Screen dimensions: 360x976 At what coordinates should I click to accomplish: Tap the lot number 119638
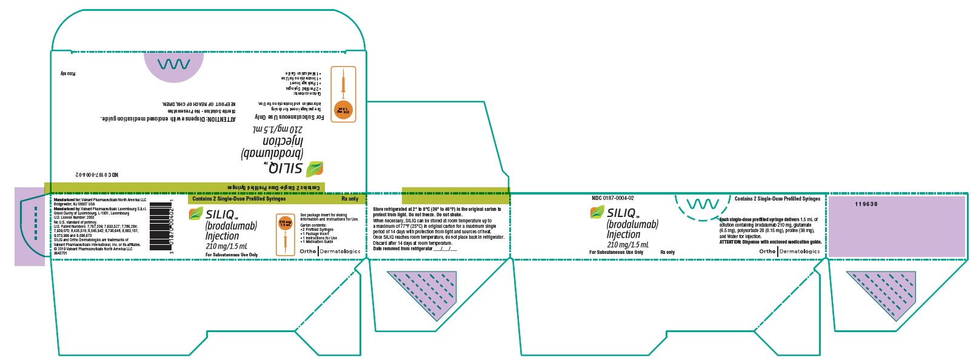pos(866,204)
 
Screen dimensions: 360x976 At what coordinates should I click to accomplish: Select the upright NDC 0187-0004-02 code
pos(612,198)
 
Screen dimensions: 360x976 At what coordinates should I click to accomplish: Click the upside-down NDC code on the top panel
pos(97,175)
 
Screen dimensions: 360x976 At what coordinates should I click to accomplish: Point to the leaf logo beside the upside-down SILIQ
pos(315,168)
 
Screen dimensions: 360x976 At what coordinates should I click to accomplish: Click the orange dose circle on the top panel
pos(343,111)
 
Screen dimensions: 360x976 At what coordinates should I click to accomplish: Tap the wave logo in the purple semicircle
pos(173,65)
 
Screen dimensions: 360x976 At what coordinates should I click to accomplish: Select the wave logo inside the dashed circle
pos(702,204)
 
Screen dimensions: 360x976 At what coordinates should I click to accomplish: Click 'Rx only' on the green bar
pos(350,199)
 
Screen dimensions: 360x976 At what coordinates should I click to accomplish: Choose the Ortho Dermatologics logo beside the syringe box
pos(330,252)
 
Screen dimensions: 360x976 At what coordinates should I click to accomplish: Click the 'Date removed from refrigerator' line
pos(415,248)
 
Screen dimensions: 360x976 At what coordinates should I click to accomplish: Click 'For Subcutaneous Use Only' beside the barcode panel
pos(232,255)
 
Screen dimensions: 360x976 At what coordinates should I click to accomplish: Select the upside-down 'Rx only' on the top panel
pos(67,73)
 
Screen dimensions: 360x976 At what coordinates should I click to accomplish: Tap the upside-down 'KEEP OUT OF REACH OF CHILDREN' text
pos(199,104)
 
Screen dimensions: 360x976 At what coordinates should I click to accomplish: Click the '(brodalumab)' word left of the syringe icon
pos(231,225)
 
